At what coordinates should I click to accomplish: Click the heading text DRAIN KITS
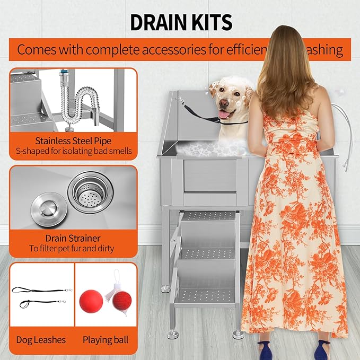(181, 22)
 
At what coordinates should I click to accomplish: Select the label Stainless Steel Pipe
(73, 141)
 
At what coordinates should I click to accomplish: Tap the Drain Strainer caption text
(73, 238)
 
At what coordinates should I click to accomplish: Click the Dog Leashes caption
(41, 339)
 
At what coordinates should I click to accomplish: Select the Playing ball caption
(106, 339)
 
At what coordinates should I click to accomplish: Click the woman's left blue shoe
(266, 350)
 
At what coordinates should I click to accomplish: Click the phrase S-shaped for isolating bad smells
(73, 151)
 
